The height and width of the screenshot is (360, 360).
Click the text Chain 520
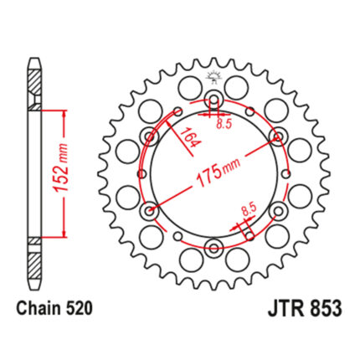pos(54,309)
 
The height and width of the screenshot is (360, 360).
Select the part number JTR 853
pos(305,309)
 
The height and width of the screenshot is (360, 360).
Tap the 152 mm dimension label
pos(61,168)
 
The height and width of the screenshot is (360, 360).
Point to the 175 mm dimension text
pos(219,173)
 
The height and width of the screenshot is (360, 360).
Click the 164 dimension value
pos(190,137)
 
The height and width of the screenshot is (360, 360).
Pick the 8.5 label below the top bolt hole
pos(224,125)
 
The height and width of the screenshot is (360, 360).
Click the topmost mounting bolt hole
pos(214,100)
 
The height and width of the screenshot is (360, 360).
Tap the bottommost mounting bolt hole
pos(214,247)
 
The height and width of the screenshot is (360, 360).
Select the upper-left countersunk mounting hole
pos(150,136)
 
